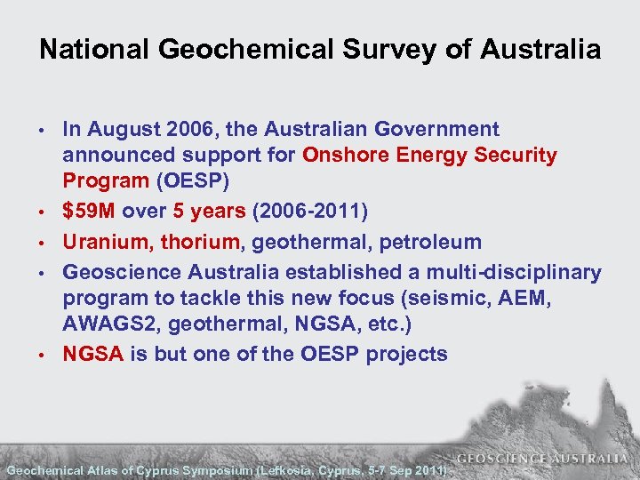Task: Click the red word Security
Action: (x=516, y=156)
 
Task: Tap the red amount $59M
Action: (x=89, y=212)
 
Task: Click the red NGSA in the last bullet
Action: (x=92, y=354)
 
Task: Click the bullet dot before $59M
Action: (x=43, y=212)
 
